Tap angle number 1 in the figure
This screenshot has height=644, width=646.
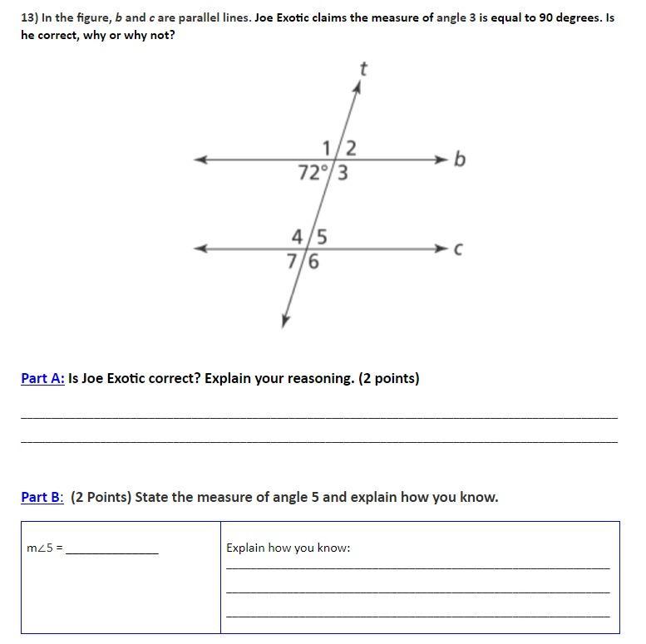click(x=328, y=148)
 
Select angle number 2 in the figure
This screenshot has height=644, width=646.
click(x=351, y=148)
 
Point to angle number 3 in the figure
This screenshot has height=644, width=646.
click(x=342, y=174)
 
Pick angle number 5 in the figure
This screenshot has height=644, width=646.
click(x=321, y=237)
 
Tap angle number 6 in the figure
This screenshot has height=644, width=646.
click(x=313, y=262)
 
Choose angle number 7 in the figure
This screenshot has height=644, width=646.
click(x=292, y=262)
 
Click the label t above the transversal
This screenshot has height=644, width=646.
click(x=362, y=69)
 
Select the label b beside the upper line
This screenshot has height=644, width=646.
click(x=460, y=158)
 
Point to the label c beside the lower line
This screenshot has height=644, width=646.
click(x=458, y=248)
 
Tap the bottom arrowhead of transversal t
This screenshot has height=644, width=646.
click(x=285, y=321)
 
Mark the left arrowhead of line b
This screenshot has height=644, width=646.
click(x=200, y=160)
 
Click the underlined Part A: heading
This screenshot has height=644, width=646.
click(x=42, y=378)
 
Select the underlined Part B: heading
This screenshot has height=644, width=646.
click(x=42, y=497)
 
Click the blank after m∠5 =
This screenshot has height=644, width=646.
click(x=111, y=548)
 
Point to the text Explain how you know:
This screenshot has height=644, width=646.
click(x=288, y=548)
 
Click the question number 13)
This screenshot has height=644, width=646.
click(x=31, y=17)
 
